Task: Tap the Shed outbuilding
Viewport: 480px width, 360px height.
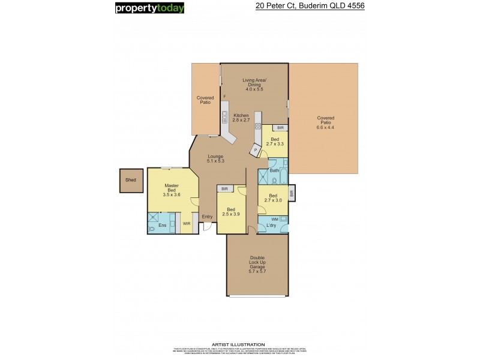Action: [x=131, y=180]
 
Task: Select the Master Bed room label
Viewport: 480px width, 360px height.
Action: [x=172, y=190]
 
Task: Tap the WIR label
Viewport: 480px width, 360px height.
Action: [x=187, y=223]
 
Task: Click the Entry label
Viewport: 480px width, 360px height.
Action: [x=207, y=217]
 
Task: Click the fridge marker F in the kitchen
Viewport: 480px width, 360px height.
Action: [x=224, y=97]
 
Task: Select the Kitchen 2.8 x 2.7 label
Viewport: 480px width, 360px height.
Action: [x=241, y=118]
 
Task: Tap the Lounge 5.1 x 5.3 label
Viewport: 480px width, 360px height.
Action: [x=215, y=158]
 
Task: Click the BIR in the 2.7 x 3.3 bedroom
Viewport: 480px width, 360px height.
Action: [x=279, y=128]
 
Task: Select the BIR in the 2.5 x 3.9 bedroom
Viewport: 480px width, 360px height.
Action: [x=224, y=189]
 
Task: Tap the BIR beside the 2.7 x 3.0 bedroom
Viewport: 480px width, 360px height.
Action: [x=292, y=194]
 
